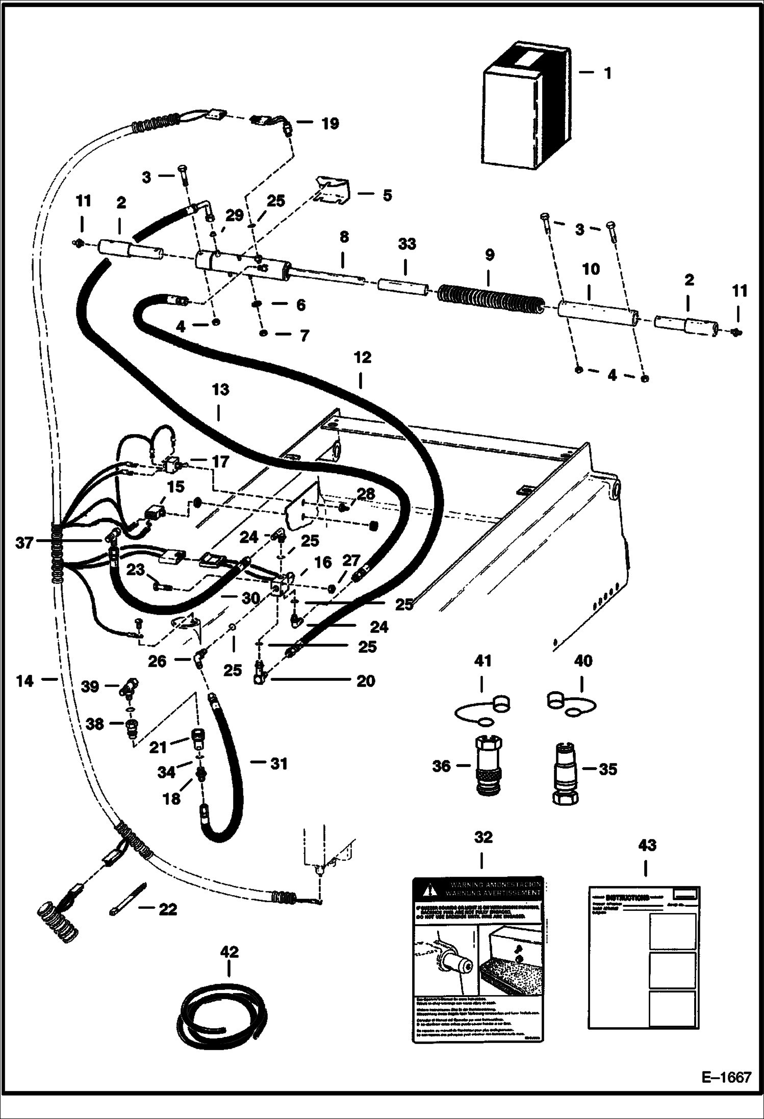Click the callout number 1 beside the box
(607, 73)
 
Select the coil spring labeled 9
(490, 301)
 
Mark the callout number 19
(330, 123)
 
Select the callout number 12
(363, 358)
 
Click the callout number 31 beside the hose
(278, 764)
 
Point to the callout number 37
(23, 543)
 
